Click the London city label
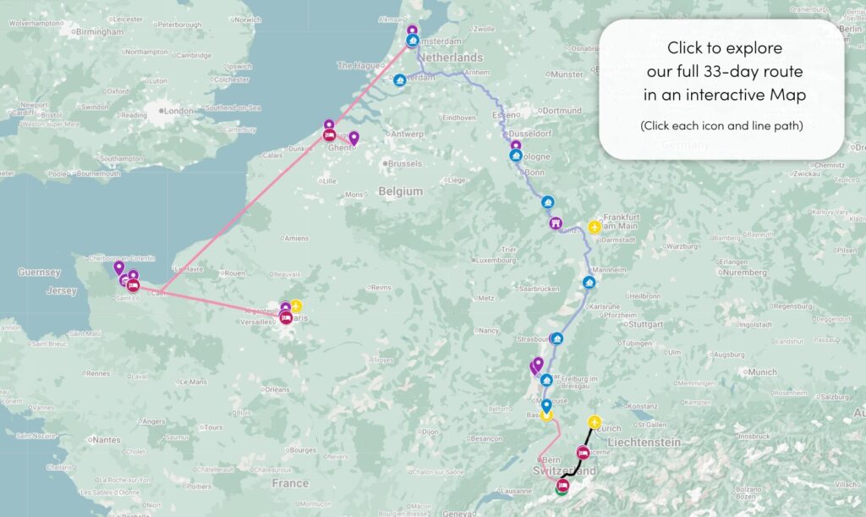[178, 111]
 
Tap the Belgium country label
[400, 191]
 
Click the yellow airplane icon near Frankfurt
[595, 228]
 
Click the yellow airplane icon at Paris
[296, 306]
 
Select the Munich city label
[761, 371]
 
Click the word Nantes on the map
[107, 439]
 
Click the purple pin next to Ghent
[354, 138]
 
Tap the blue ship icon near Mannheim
[589, 282]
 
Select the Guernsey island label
[40, 272]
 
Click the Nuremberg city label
[744, 272]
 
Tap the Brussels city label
[403, 162]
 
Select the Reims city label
[381, 287]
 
